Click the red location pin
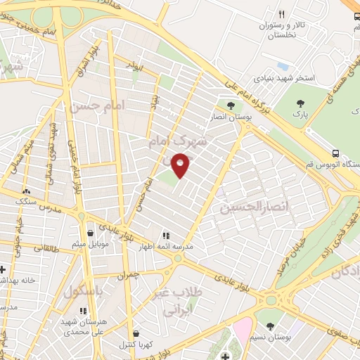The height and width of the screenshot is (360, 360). click(181, 165)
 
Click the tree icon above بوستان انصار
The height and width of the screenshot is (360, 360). click(230, 105)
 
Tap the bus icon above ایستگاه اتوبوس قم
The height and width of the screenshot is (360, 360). click(335, 153)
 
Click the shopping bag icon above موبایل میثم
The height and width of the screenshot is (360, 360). click(90, 233)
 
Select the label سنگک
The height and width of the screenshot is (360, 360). click(26, 201)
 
